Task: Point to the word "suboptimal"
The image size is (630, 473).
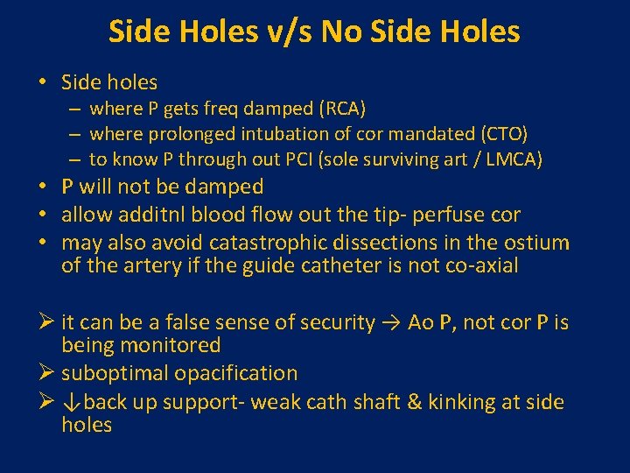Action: (115, 373)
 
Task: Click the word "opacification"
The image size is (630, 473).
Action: (236, 373)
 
